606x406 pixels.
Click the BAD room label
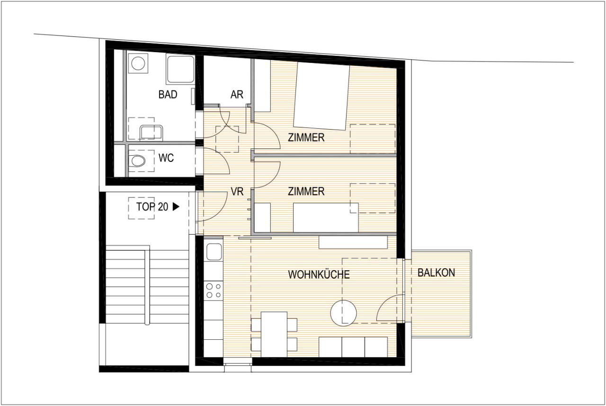pos(168,95)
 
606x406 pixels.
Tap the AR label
pos(237,95)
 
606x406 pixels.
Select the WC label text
pos(166,158)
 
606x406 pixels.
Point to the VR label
pos(237,192)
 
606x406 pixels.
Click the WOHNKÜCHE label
pos(319,274)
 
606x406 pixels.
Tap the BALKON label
pos(436,273)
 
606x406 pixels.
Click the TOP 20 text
pos(152,207)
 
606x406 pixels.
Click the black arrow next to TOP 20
pos(176,207)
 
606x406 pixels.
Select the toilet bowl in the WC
pos(138,161)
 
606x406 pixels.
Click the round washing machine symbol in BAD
pos(138,63)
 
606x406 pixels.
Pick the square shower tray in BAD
pos(180,69)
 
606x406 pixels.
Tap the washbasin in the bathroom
pos(151,132)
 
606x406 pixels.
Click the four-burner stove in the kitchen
pos(214,291)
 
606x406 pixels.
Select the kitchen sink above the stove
pos(214,252)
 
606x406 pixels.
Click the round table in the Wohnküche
pos(344,313)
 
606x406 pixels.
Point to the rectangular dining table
pos(274,335)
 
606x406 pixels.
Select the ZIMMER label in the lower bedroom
pos(306,192)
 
